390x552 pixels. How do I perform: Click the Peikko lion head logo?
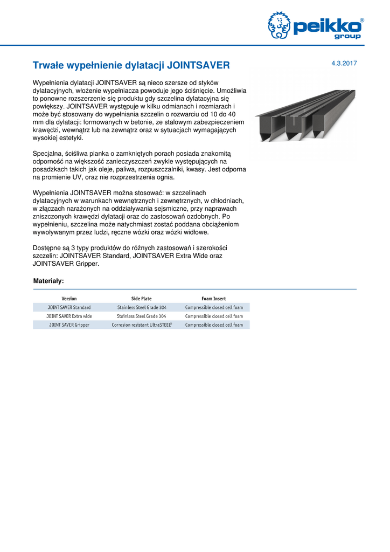tap(279, 25)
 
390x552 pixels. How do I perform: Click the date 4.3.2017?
tap(344, 64)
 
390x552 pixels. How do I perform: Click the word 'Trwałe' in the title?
tap(49, 65)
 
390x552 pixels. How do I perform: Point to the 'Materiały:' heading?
tap(48, 281)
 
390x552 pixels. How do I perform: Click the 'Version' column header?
tap(69, 299)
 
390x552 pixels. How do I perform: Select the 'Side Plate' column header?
tap(142, 299)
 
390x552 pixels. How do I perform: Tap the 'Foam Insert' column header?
tap(214, 299)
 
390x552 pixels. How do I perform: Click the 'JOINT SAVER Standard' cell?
tap(69, 307)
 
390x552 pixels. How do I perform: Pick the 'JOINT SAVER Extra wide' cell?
tap(69, 316)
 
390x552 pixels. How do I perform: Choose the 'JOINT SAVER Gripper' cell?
tap(69, 325)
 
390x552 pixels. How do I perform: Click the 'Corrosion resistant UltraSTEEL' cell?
tap(142, 325)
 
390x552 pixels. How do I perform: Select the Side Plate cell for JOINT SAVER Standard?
tap(142, 307)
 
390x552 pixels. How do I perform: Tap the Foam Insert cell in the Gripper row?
tap(214, 325)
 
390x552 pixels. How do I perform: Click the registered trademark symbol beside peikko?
tap(361, 20)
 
